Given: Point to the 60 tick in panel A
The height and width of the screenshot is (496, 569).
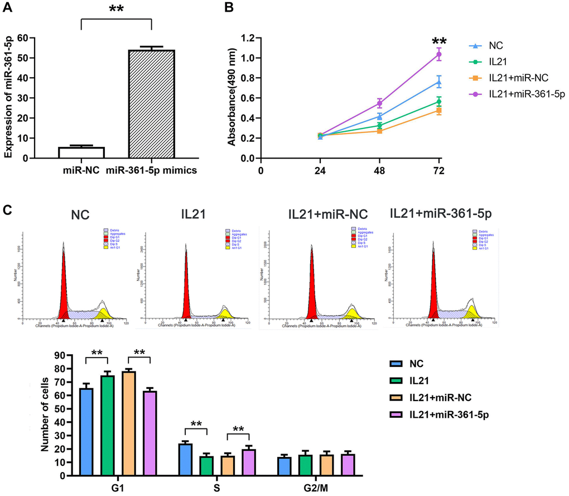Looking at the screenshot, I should (x=22, y=38).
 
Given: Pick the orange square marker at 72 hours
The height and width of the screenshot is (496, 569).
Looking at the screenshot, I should (x=439, y=110).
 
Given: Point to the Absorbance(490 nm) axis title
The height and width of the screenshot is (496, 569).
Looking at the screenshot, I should (x=230, y=98).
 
